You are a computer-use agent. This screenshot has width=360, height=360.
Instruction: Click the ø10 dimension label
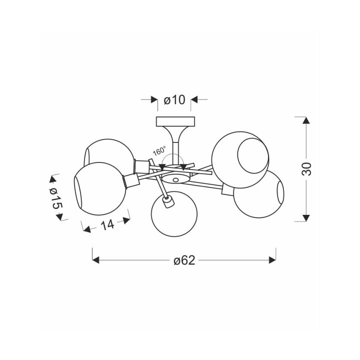(174, 100)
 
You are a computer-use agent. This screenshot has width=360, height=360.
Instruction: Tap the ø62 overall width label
(184, 260)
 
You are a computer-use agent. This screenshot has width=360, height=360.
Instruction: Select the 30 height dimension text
(306, 169)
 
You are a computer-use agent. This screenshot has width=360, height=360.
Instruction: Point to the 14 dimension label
(107, 224)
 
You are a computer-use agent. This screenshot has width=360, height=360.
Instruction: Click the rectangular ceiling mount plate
(175, 121)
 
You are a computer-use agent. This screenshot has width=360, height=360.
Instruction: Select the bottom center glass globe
(174, 214)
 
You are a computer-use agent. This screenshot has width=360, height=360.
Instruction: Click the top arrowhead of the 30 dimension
(306, 120)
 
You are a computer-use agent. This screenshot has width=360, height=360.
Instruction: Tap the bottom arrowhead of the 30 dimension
(306, 218)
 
